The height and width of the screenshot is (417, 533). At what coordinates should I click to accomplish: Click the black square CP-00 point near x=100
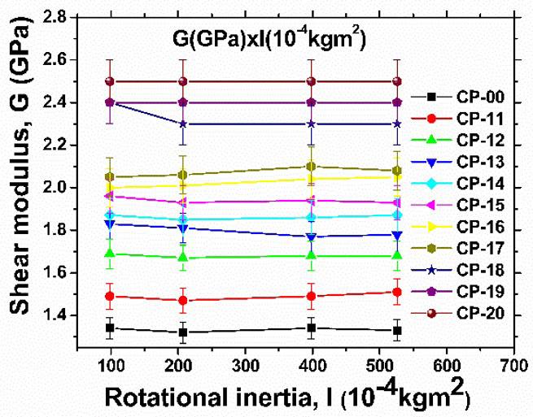pos(110,328)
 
